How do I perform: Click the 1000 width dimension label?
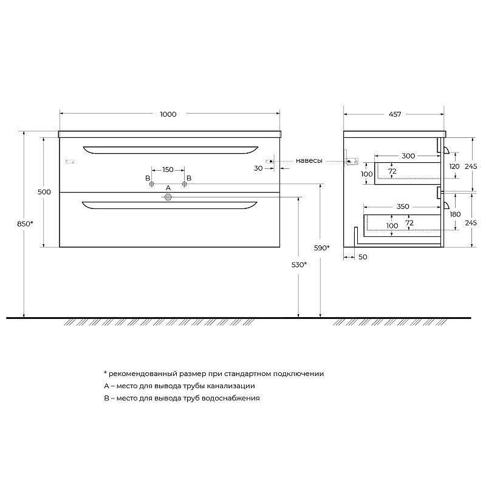[x=168, y=114]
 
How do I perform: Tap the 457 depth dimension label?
[x=395, y=114]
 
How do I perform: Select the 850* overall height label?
[x=25, y=224]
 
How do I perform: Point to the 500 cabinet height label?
[x=44, y=192]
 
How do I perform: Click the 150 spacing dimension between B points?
[x=168, y=170]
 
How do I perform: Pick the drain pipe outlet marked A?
[x=168, y=197]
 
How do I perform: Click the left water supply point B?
[x=151, y=184]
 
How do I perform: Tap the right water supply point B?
[x=185, y=184]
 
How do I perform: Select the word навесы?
[x=309, y=160]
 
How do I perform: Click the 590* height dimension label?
[x=321, y=248]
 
